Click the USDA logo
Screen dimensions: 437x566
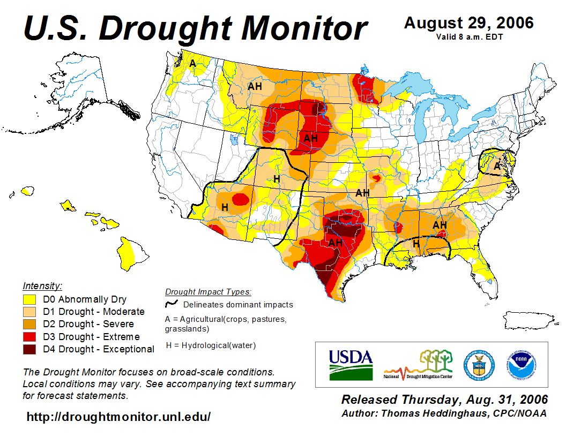coord(351,364)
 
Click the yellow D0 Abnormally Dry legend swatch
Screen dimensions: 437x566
coord(29,299)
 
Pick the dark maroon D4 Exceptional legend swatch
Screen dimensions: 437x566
coord(29,349)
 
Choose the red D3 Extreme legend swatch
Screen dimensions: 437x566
coord(29,337)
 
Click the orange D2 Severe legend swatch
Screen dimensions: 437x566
coord(29,324)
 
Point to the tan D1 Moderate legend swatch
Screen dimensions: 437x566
coord(29,312)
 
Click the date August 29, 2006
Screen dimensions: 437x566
coord(468,23)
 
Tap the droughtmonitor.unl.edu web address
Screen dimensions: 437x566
coord(118,416)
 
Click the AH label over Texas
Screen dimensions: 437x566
coord(335,243)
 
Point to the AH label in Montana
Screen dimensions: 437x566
coord(255,86)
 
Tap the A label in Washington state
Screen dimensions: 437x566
coord(192,64)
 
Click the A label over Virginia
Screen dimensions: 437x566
coord(497,167)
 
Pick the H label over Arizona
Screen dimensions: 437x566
coord(225,207)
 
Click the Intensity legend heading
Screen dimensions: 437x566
coord(42,285)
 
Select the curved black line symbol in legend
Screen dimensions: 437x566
coord(172,304)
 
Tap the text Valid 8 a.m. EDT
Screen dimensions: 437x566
coord(468,36)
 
